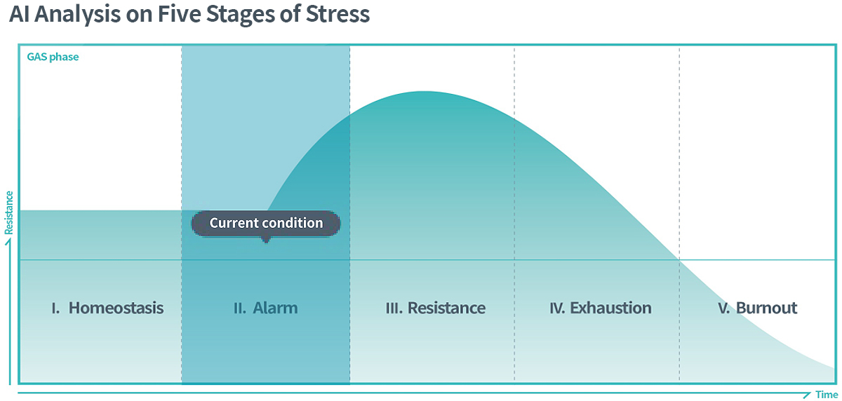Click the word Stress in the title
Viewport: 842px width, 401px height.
point(338,14)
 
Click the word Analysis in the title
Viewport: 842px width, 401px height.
point(77,15)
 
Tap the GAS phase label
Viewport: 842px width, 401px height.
point(53,57)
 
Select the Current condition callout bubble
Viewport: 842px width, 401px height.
point(266,224)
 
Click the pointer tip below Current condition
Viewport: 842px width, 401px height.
point(266,242)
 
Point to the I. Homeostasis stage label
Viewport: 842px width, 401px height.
point(107,308)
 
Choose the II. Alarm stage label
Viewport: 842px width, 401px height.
point(266,308)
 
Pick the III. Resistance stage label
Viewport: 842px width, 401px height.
point(436,308)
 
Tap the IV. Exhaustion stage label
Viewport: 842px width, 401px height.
point(601,308)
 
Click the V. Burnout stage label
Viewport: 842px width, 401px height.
point(757,308)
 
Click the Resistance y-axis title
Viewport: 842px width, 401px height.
point(8,213)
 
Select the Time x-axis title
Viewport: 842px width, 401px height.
point(827,395)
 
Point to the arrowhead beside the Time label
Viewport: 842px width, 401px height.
point(808,395)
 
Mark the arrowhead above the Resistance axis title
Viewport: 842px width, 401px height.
point(8,242)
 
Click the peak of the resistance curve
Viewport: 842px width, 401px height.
point(424,92)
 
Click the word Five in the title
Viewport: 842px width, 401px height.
point(180,14)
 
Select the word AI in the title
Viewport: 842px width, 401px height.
point(20,14)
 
